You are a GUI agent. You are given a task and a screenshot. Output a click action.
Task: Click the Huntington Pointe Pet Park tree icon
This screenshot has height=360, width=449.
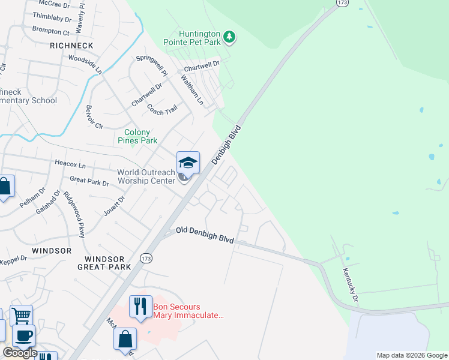(x=229, y=38)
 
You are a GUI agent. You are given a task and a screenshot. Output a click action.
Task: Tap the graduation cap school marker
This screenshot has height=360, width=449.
(x=187, y=163)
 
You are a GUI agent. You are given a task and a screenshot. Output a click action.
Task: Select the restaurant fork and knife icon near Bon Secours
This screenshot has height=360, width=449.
(x=140, y=307)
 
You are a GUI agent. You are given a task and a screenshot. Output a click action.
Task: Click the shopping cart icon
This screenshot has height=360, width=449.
(x=21, y=315)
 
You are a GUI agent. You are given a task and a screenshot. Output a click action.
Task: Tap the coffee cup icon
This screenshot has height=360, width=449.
(x=24, y=335)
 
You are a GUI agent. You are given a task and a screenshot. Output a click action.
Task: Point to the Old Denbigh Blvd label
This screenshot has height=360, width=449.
(x=205, y=235)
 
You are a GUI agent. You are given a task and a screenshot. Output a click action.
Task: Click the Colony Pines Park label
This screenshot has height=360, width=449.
(x=140, y=136)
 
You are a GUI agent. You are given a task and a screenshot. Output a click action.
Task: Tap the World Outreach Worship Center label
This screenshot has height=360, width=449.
(x=146, y=176)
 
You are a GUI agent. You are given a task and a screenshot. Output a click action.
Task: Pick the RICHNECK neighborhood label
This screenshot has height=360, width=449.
(x=71, y=45)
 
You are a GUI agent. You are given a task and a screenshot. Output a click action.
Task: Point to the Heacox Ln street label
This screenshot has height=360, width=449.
(x=70, y=165)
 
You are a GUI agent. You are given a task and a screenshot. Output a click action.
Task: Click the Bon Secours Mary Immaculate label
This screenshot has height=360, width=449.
(x=187, y=310)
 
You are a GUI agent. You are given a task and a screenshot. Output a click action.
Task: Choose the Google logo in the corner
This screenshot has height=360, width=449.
(x=20, y=353)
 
